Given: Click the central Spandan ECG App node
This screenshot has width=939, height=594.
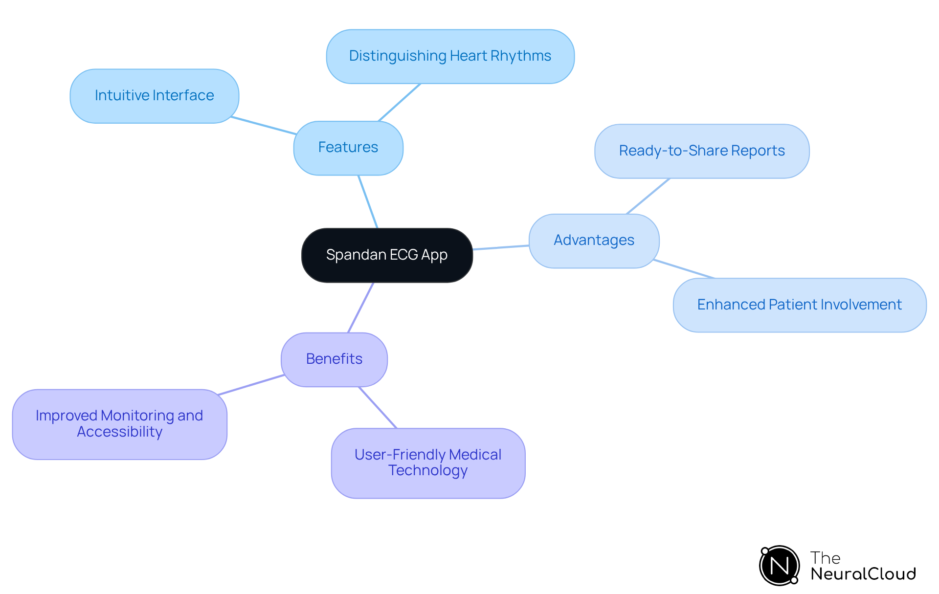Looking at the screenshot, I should [387, 255].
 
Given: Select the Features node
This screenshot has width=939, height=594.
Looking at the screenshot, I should [348, 148].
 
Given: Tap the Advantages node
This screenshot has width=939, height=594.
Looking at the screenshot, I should [594, 241].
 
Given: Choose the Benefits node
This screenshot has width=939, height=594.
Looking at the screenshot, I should [334, 359].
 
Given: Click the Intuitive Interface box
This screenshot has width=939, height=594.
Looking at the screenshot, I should [154, 96].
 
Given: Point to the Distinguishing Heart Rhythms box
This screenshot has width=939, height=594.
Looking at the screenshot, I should [450, 56].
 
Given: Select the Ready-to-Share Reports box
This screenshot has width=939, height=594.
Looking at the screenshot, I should [701, 151].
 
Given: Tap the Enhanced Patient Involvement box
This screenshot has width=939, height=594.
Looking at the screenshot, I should [799, 305].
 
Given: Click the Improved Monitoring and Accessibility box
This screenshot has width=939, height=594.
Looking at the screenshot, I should [119, 424].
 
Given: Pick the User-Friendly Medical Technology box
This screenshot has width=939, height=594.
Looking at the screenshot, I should [428, 463].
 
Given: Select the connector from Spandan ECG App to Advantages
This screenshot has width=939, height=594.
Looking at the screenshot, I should [501, 247].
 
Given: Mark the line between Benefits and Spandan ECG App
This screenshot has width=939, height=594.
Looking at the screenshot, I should [361, 308].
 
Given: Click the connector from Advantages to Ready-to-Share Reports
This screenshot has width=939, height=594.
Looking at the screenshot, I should [648, 196].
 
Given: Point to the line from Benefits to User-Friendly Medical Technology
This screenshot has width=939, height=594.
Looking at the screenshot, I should [378, 407].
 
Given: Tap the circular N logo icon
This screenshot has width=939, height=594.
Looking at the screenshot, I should [779, 566].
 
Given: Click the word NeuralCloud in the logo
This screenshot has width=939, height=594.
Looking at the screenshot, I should [863, 574].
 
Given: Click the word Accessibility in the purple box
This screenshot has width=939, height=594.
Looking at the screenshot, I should [119, 432].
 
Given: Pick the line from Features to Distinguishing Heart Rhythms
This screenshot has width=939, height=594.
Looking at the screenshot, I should [400, 102].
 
